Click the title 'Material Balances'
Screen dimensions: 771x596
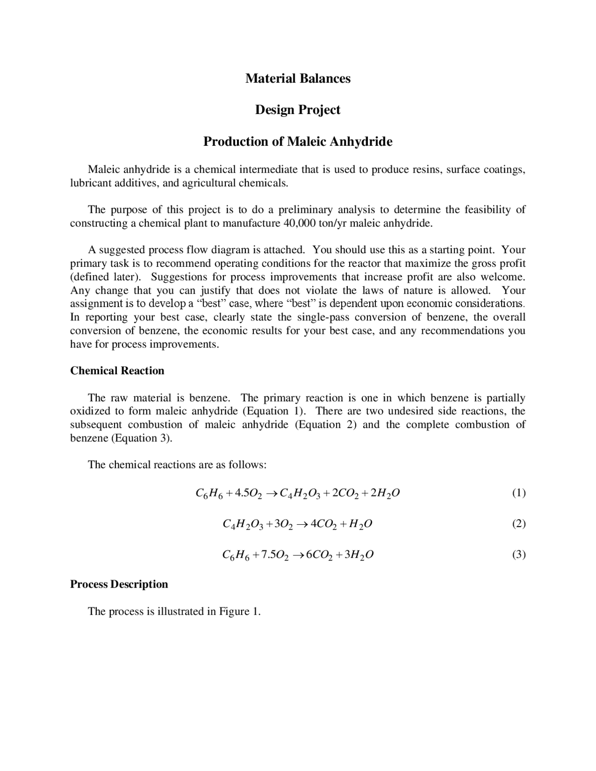click(x=298, y=78)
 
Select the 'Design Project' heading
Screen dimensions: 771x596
click(x=298, y=110)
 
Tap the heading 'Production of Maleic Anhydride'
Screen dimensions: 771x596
click(x=298, y=142)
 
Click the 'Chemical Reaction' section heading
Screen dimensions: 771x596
click(x=117, y=371)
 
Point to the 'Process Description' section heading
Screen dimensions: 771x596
click(x=119, y=584)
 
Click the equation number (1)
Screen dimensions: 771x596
click(x=519, y=493)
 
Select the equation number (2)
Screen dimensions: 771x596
click(x=519, y=524)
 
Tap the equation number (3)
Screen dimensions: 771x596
click(x=519, y=555)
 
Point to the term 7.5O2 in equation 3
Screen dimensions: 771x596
click(x=275, y=555)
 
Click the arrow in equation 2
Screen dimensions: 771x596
click(x=302, y=524)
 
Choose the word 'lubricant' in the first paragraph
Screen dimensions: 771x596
click(x=90, y=183)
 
